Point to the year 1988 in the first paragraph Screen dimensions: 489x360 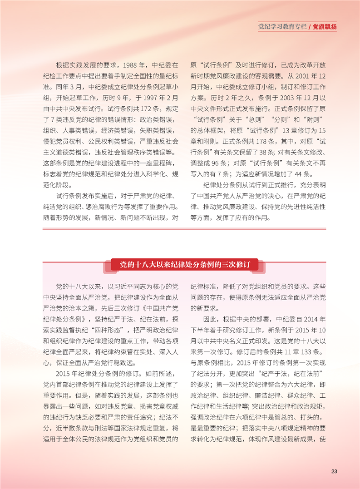132,65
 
